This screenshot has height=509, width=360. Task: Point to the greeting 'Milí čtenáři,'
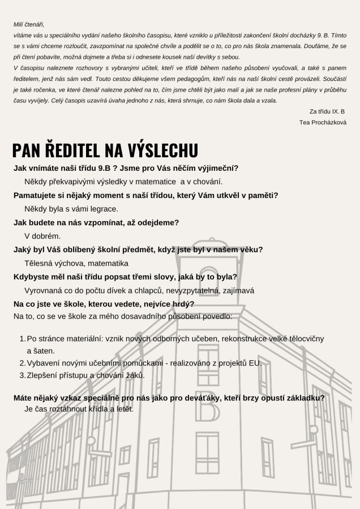tap(29, 24)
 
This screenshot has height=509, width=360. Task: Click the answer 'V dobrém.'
tap(42, 236)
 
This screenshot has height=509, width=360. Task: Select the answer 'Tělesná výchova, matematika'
tap(76, 263)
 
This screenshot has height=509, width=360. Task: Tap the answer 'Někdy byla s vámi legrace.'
tap(71, 209)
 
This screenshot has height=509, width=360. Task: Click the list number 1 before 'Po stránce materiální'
tap(22, 338)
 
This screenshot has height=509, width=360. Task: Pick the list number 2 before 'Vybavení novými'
tap(22, 363)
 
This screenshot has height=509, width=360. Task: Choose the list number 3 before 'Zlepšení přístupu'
tap(22, 374)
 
